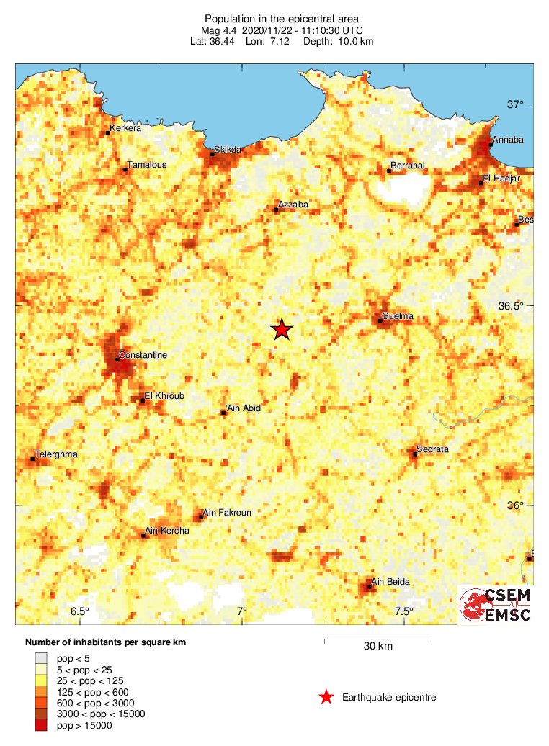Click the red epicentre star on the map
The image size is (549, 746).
coord(282,329)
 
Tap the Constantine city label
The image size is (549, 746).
coord(143,355)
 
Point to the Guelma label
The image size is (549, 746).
coord(397,316)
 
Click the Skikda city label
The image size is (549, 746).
coord(227,150)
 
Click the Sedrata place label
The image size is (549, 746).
coord(433,449)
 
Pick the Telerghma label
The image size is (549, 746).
coord(56,454)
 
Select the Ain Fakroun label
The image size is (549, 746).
coord(227,513)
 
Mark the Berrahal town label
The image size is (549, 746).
coord(409,166)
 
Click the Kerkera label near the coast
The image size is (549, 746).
coord(125,130)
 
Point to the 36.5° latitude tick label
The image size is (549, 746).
coord(511,306)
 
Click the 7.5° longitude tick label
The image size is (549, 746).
coord(403,612)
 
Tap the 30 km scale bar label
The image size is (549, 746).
coord(378,646)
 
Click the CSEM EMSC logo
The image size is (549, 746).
coord(496,605)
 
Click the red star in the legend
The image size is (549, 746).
coord(326,697)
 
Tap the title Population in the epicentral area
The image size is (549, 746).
coord(282,19)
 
